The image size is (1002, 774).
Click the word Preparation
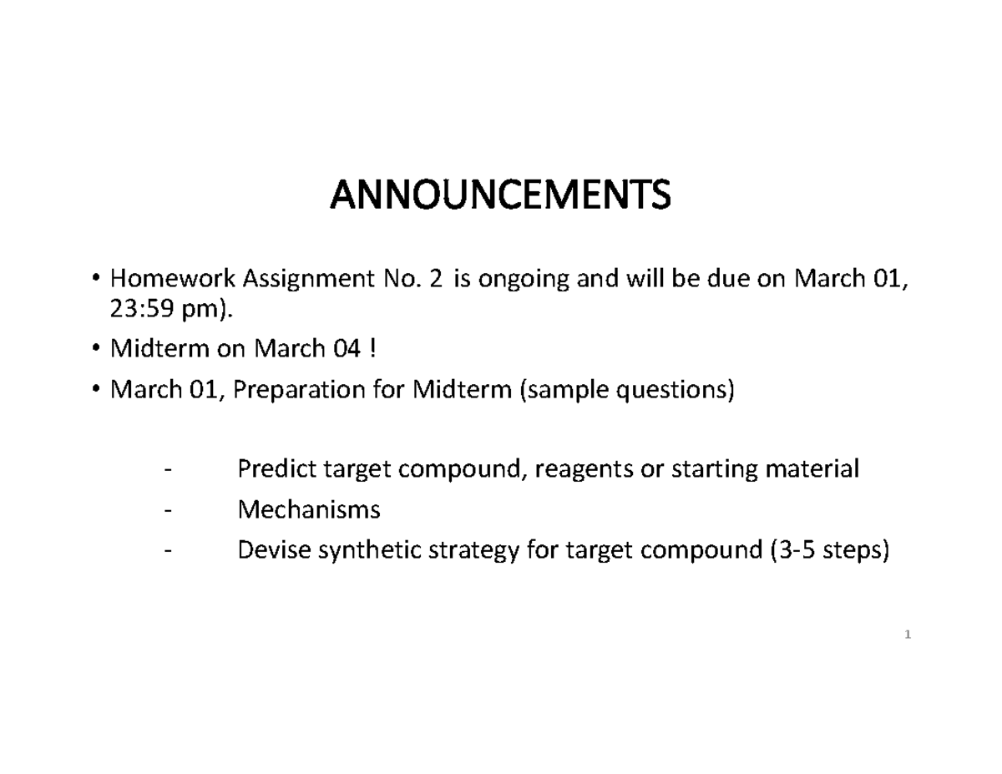pyautogui.click(x=295, y=389)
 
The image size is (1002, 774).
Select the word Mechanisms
pyautogui.click(x=309, y=509)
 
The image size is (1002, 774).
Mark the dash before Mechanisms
pyautogui.click(x=170, y=509)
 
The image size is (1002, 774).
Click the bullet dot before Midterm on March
pyautogui.click(x=97, y=349)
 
